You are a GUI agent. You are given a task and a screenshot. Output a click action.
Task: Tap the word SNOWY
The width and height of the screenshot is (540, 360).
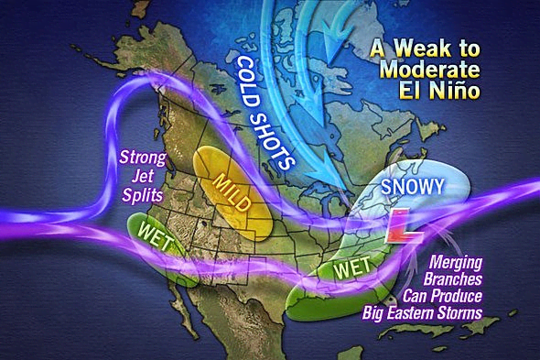[x=414, y=187]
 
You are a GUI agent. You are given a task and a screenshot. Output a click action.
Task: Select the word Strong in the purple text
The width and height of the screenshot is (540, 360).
[x=142, y=157]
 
